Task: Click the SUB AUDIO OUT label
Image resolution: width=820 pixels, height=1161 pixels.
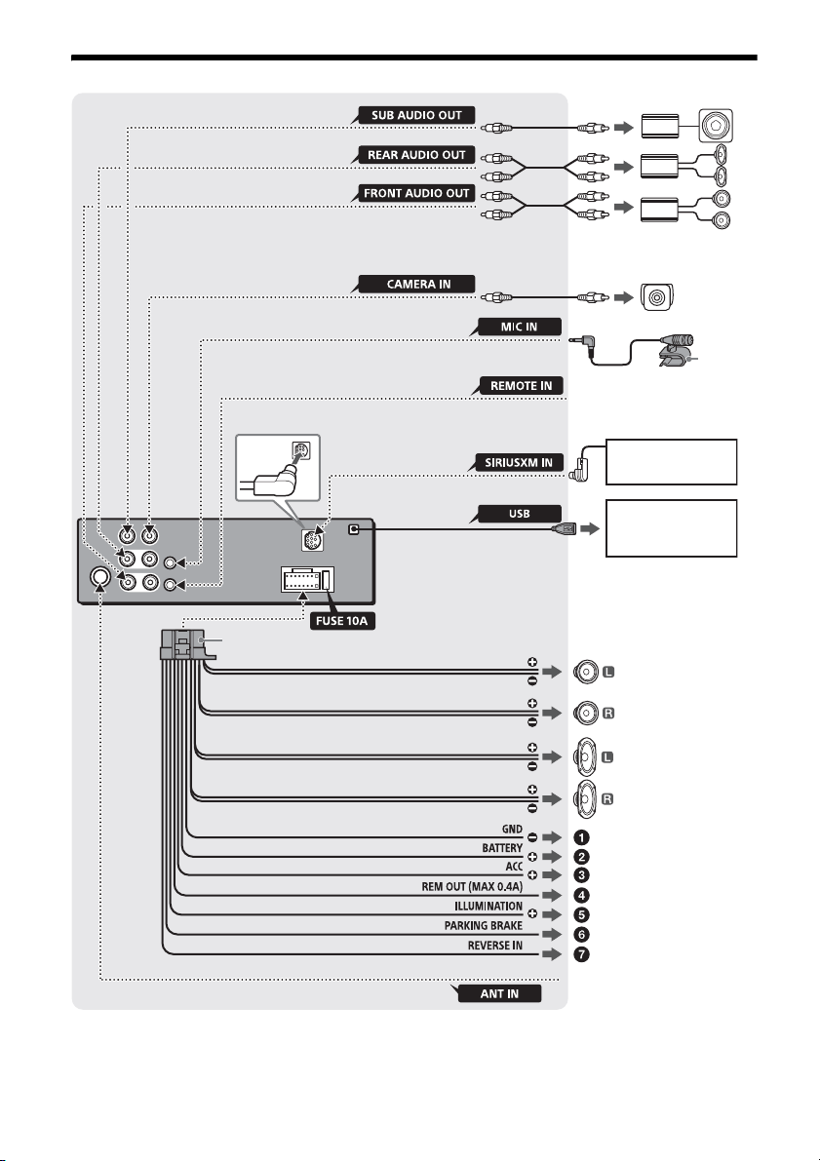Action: point(415,115)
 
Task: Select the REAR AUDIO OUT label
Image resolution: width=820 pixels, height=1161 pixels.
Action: point(415,155)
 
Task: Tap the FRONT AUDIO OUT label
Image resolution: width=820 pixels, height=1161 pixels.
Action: point(415,193)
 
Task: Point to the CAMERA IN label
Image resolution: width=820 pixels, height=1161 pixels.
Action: point(417,285)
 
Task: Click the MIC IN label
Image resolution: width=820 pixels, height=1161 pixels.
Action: point(520,327)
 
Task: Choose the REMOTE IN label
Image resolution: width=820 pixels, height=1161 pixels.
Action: point(521,386)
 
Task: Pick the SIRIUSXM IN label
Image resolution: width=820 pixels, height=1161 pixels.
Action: point(519,463)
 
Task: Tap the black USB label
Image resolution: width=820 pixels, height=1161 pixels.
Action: point(520,514)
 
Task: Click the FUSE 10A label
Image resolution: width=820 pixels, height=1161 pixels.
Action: point(342,621)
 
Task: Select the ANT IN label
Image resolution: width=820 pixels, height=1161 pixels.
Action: point(500,993)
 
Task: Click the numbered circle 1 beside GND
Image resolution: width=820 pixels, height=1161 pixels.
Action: point(581,837)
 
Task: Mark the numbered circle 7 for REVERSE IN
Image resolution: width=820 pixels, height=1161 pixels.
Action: point(581,953)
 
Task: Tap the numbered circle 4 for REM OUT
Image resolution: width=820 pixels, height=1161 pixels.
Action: point(581,895)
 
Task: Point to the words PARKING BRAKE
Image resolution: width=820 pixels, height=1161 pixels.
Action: point(483,925)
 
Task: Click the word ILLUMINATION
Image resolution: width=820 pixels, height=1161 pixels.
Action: point(488,907)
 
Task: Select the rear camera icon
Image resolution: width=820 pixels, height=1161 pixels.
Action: point(656,297)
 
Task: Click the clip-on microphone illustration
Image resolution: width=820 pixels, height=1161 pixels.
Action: point(676,351)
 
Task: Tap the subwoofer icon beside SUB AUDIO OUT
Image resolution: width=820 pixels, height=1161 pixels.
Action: point(716,126)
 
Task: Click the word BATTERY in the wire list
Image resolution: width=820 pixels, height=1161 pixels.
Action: point(502,848)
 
